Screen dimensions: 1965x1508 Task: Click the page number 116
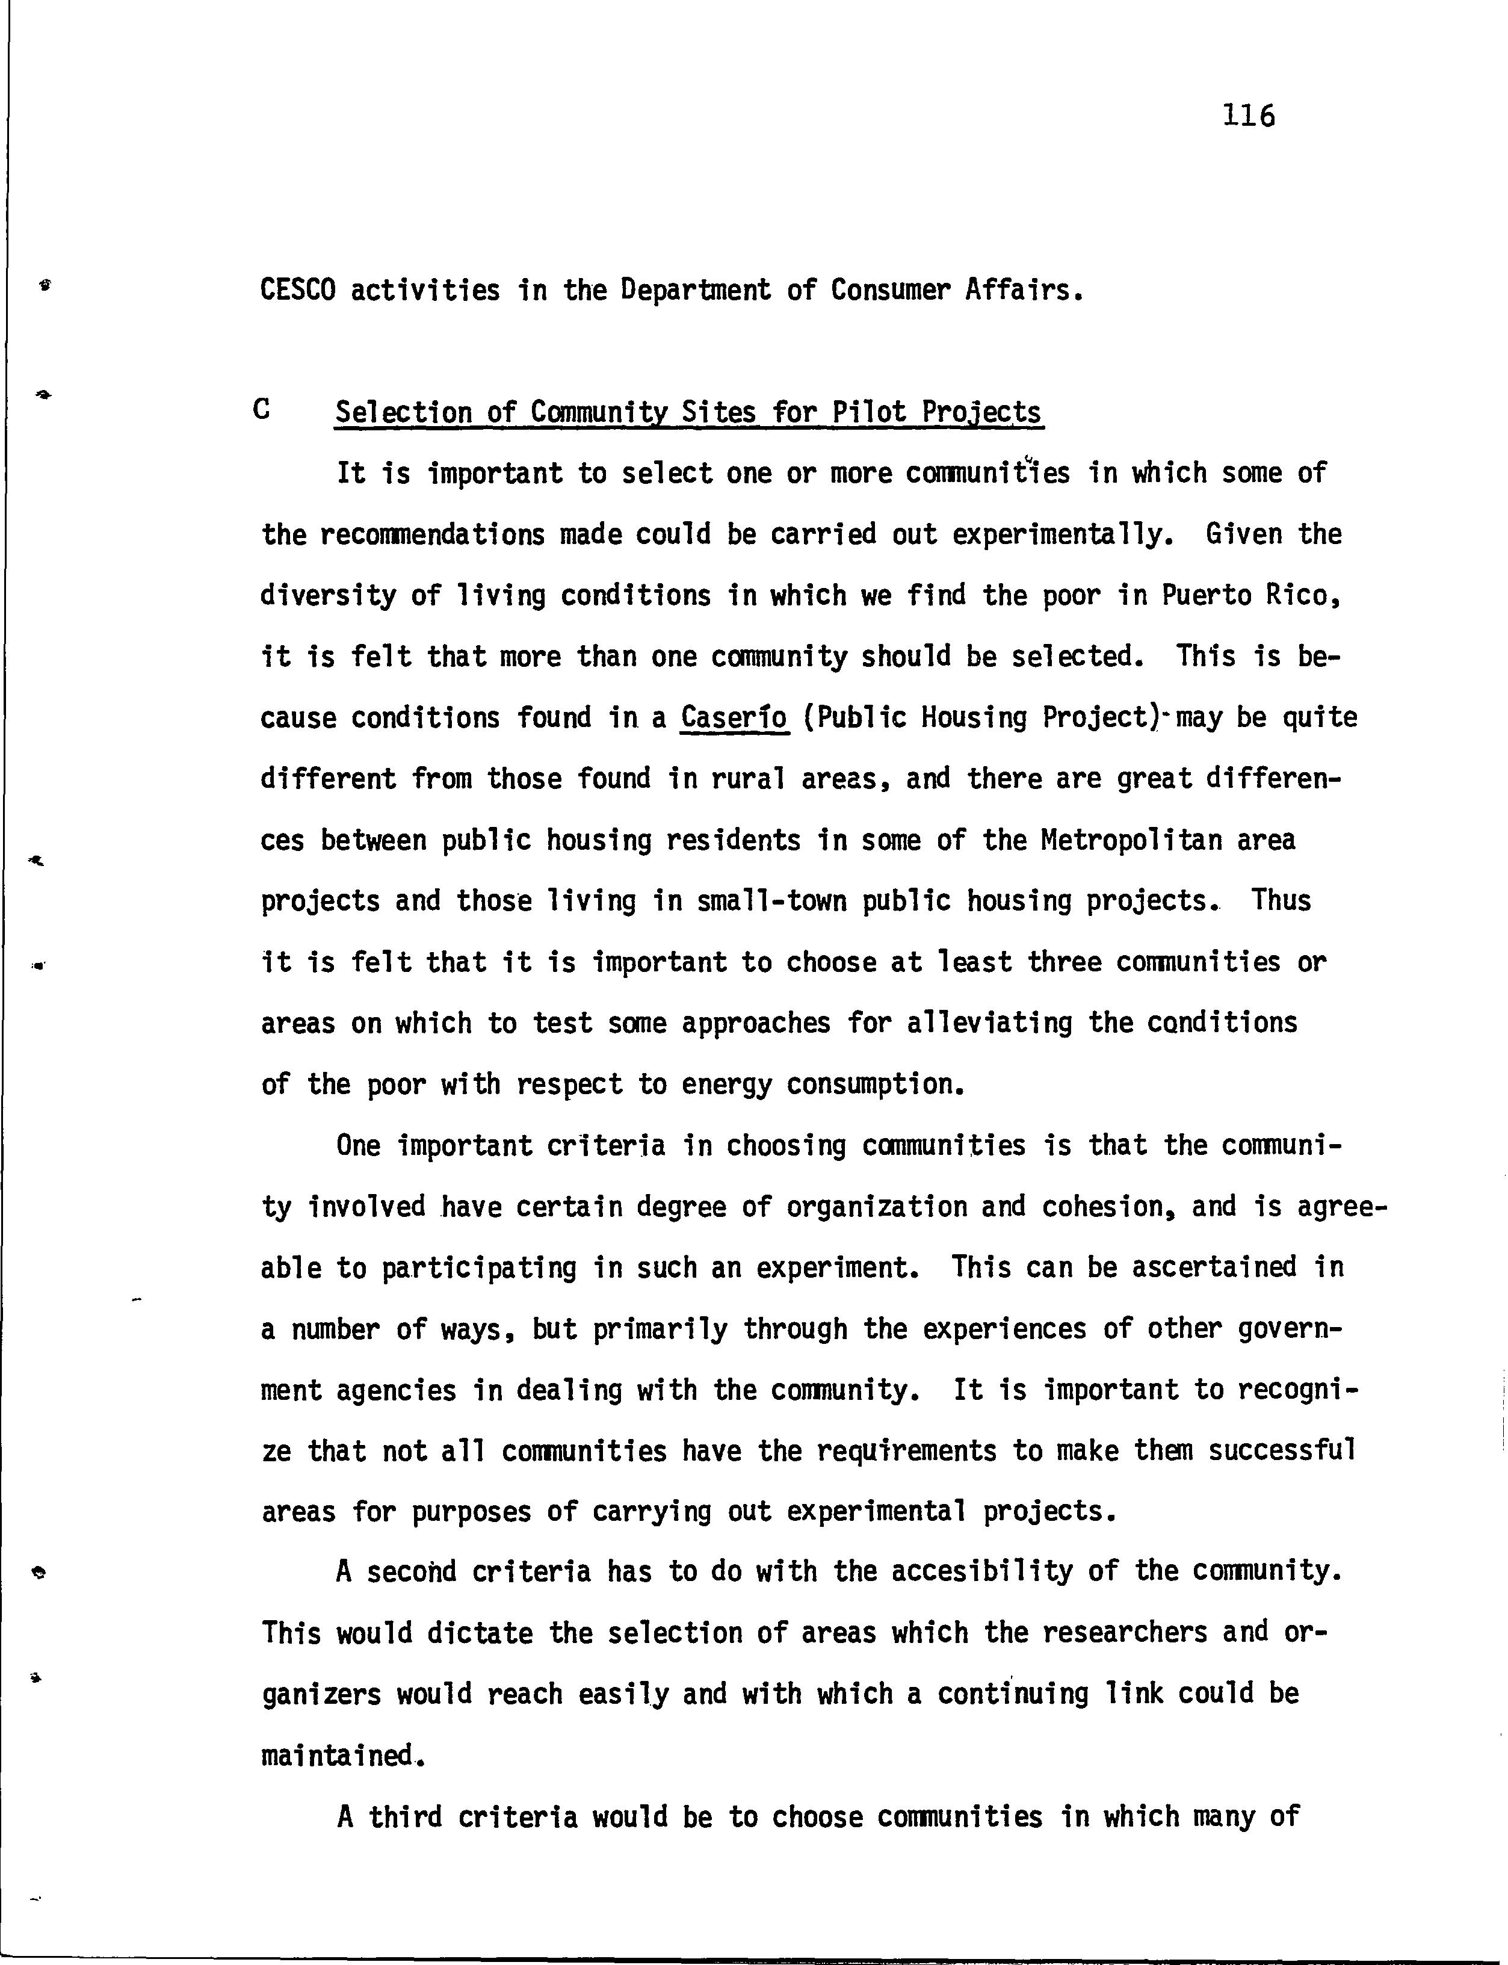pos(1247,116)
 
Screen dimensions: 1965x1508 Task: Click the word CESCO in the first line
pos(297,290)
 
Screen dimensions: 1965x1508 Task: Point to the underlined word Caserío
pos(734,717)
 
